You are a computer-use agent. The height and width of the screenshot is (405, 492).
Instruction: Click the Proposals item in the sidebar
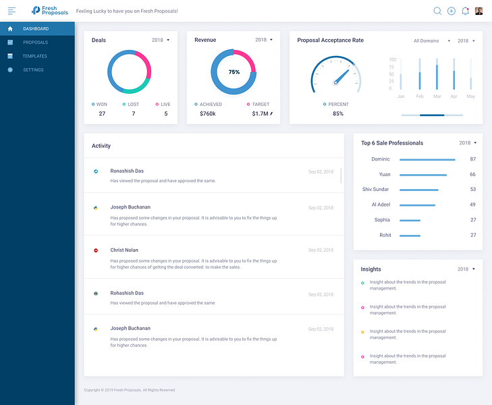(36, 43)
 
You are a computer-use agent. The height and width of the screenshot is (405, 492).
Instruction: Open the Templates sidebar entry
(35, 56)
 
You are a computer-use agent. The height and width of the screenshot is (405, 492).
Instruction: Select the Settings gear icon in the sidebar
(10, 70)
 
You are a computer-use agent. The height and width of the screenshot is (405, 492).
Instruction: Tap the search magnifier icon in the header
(437, 11)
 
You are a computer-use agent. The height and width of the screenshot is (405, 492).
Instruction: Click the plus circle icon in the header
(452, 11)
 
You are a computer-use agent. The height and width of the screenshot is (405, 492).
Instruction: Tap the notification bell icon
(465, 11)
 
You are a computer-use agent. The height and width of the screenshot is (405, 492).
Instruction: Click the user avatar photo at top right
(479, 11)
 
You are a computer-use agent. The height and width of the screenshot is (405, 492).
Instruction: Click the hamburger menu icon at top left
(11, 11)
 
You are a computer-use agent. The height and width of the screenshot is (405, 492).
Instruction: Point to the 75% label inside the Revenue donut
(234, 72)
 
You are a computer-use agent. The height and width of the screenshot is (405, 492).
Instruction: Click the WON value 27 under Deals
(102, 113)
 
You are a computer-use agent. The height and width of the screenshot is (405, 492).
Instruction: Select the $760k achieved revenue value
(208, 113)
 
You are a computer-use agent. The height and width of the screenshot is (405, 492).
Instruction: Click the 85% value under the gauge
(338, 113)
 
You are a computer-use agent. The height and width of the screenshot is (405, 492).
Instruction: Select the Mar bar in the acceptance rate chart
(437, 77)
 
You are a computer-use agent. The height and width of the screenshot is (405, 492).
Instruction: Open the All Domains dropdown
(432, 40)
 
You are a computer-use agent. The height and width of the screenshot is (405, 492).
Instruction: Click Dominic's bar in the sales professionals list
(427, 160)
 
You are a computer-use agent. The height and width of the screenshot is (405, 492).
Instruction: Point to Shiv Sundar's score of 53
(473, 189)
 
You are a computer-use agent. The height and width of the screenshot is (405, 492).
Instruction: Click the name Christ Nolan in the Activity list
(124, 250)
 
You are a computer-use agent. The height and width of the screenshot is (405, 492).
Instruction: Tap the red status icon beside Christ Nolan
(96, 250)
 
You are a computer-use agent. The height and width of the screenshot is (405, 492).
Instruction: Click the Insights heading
(371, 269)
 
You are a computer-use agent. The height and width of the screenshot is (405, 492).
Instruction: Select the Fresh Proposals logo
(50, 11)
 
